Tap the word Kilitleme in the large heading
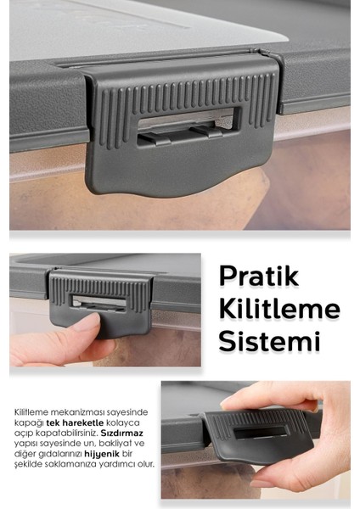tap(278, 308)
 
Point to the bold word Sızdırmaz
tap(124, 433)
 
